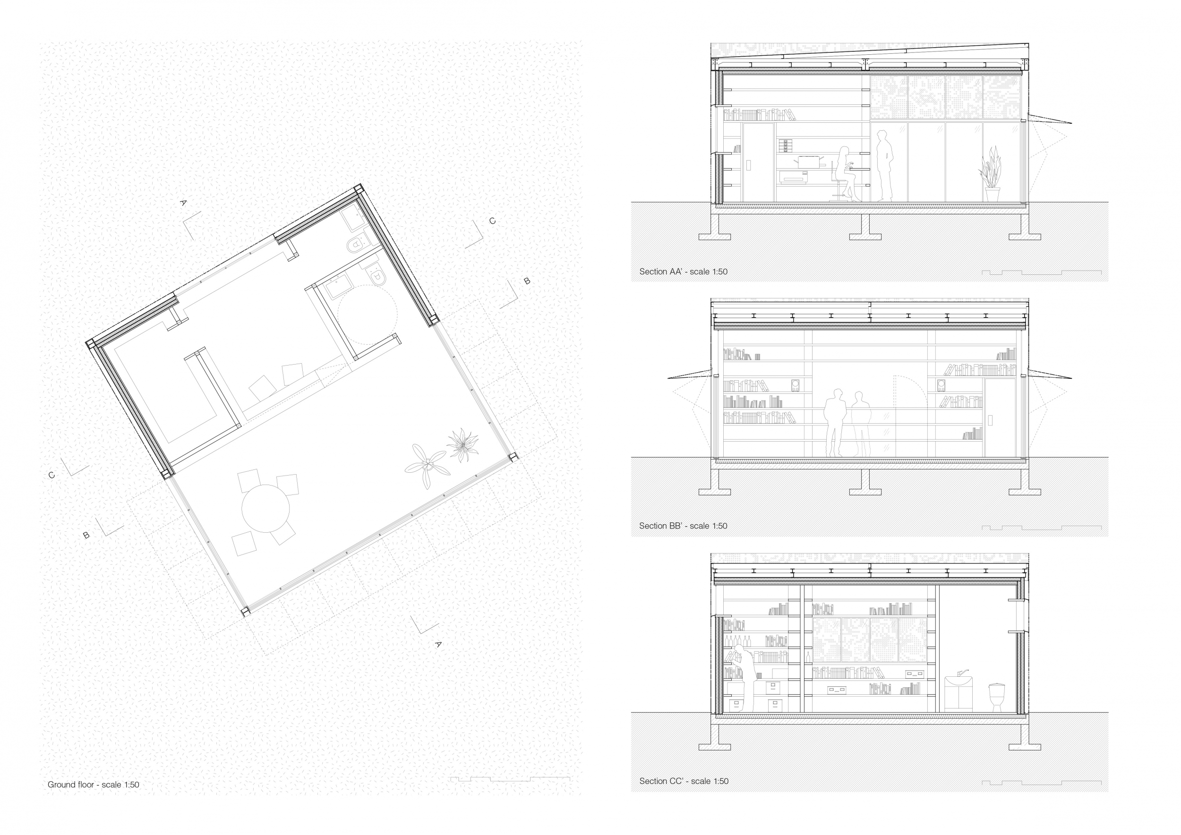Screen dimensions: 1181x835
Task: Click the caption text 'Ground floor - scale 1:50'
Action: [93, 784]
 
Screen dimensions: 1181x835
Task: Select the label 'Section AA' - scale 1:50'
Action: [683, 272]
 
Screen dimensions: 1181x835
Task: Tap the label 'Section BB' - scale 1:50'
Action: [683, 526]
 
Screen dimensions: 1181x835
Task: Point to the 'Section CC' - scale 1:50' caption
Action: [684, 781]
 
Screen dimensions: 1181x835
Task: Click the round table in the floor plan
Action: [265, 508]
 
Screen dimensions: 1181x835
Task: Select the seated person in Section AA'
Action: [846, 174]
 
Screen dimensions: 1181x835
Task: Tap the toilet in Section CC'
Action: [996, 697]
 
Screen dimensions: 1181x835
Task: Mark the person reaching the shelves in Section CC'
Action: [743, 679]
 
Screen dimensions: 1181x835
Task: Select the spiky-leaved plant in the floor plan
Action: [462, 445]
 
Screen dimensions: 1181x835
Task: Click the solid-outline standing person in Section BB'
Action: [835, 423]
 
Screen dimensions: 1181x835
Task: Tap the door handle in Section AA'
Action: [748, 164]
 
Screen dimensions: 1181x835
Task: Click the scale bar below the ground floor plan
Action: [510, 778]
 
